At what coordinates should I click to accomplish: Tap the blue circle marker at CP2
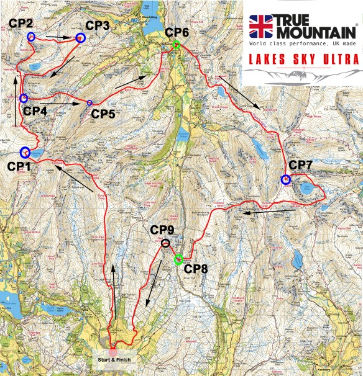[30, 36]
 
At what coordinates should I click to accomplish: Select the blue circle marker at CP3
[80, 38]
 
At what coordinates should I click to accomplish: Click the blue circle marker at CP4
[24, 98]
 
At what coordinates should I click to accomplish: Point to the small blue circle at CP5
[90, 102]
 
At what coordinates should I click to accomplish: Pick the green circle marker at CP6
[177, 45]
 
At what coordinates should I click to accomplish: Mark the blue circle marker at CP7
[285, 180]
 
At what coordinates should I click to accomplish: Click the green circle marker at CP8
[178, 259]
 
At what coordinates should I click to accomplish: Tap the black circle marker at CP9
[165, 243]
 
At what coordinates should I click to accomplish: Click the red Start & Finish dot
[113, 352]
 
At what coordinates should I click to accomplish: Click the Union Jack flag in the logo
[262, 26]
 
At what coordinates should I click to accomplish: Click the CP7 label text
[301, 165]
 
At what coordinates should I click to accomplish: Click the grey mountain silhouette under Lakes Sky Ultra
[303, 76]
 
